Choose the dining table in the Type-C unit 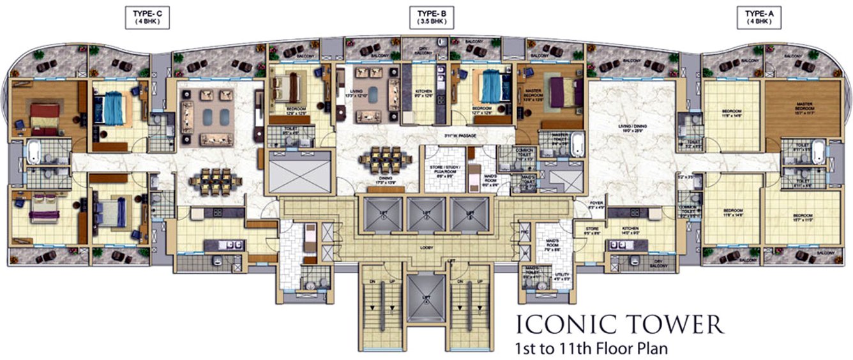click(215, 181)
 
